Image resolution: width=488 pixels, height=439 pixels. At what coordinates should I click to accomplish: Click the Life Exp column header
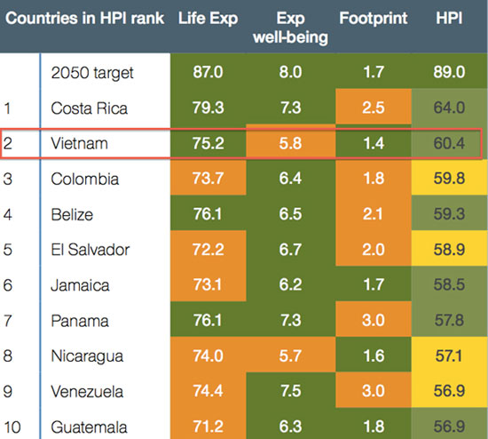coord(208,19)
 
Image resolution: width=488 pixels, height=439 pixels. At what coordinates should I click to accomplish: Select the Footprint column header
coord(374,18)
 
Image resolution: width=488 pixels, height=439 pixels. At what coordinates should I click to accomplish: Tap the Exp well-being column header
coord(290,28)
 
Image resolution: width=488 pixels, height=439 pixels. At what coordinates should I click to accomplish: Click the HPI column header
coord(449,18)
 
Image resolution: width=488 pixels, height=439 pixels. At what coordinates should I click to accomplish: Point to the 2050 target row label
coord(92,73)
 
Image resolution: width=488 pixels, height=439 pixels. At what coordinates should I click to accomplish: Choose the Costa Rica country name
coord(89,108)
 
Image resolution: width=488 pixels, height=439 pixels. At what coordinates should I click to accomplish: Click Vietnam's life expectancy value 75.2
coord(208,143)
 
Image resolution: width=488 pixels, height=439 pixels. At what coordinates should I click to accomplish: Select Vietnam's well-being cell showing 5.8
coord(290,143)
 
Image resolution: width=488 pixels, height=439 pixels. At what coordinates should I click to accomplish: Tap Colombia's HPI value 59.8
coord(449,179)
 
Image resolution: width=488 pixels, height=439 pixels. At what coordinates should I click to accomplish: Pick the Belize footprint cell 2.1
coord(374,214)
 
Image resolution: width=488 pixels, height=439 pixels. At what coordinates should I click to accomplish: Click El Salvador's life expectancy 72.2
coord(208,250)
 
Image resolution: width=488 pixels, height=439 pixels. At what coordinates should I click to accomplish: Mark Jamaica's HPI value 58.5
coord(449,285)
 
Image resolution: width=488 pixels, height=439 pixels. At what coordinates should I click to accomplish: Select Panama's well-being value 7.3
coord(290,321)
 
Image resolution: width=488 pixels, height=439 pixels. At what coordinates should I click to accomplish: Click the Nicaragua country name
coord(87,356)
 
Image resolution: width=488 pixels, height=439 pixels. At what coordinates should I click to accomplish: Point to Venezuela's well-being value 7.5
coord(290,391)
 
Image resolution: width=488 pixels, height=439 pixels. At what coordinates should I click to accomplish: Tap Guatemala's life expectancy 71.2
coord(208,427)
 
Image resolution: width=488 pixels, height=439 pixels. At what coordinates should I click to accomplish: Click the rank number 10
coord(12,427)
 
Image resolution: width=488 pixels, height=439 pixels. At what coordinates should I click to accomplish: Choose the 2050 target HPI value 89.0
coord(449,72)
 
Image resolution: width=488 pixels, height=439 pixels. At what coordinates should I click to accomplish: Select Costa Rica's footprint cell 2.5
coord(374,108)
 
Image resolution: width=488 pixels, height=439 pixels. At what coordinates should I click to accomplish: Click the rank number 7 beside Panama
coord(7,321)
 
